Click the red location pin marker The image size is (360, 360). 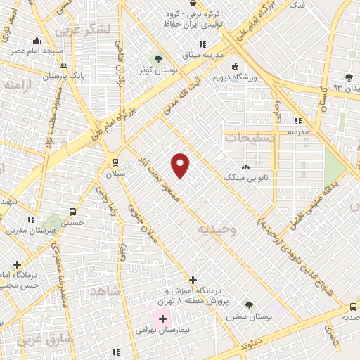(181, 165)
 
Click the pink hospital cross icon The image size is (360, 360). (163, 319)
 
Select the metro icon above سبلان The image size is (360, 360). (116, 163)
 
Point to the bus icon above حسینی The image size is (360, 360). (72, 212)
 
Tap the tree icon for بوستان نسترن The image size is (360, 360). (248, 304)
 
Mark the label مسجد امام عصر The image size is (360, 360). (39, 51)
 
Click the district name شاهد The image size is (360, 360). (107, 290)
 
